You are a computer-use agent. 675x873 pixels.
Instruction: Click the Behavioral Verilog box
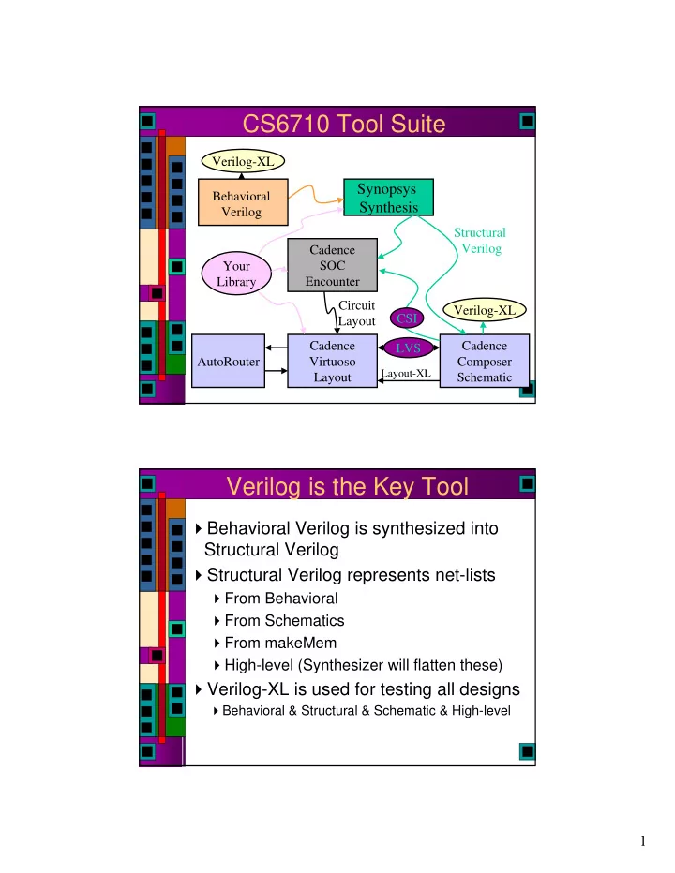(x=243, y=202)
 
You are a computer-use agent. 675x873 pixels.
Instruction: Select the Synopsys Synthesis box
(x=388, y=197)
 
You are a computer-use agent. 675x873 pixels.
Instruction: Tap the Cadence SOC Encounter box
(x=332, y=265)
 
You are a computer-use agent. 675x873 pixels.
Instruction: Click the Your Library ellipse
(x=236, y=274)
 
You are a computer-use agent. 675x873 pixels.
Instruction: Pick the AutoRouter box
(x=228, y=361)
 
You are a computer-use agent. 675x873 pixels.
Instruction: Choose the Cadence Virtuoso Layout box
(x=332, y=361)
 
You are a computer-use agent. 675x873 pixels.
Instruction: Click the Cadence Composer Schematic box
(x=485, y=361)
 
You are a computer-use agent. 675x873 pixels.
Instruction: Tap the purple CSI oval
(x=407, y=318)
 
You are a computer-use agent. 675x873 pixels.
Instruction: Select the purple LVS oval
(x=409, y=348)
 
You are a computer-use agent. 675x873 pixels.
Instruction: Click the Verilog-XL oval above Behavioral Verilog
(x=243, y=161)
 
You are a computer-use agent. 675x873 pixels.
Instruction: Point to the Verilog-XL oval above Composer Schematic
(x=485, y=310)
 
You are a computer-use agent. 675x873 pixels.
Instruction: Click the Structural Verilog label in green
(x=480, y=241)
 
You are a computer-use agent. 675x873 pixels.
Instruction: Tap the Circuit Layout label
(x=357, y=314)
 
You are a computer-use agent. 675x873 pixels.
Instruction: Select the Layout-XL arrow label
(x=406, y=373)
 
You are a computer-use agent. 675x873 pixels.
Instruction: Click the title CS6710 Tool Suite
(x=344, y=124)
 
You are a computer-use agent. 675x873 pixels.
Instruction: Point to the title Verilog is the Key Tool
(x=347, y=486)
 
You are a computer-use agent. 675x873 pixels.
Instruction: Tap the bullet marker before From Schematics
(x=217, y=621)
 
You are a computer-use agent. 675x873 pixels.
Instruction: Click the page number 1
(x=643, y=841)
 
